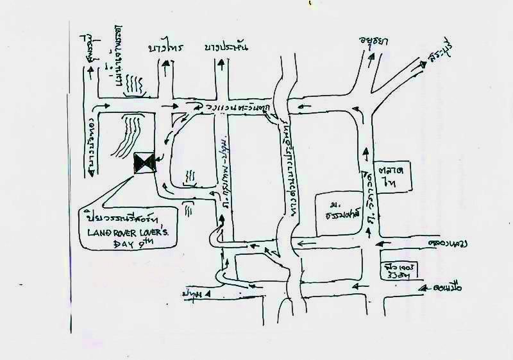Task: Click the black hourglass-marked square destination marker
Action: (x=144, y=163)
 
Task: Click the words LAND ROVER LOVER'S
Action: (x=131, y=230)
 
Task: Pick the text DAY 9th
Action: (x=128, y=244)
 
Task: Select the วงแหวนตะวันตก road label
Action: (x=237, y=106)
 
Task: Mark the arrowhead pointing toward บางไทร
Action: (x=165, y=62)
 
